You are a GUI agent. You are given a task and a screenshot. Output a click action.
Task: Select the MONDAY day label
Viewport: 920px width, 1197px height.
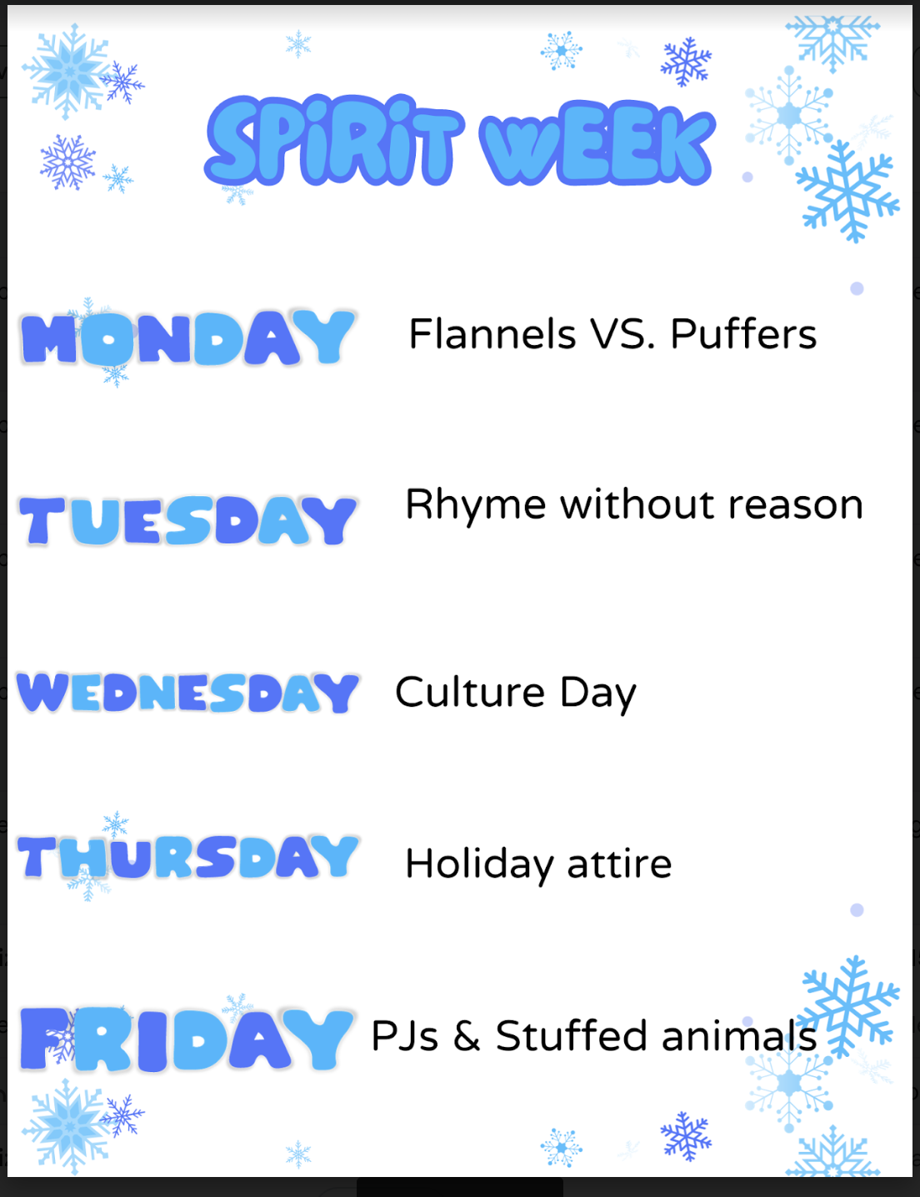click(187, 337)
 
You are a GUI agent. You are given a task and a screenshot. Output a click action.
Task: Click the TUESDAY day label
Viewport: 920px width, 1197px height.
click(187, 520)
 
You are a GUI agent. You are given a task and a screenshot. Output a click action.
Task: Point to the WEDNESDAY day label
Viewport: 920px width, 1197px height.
click(187, 693)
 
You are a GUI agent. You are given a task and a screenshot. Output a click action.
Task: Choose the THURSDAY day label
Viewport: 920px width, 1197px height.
click(187, 857)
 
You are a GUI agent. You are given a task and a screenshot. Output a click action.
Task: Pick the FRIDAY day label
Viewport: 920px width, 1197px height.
click(186, 1039)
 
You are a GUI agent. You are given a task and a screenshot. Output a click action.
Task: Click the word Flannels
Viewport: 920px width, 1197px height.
click(492, 333)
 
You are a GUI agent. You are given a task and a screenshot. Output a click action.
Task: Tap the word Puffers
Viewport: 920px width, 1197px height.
click(743, 333)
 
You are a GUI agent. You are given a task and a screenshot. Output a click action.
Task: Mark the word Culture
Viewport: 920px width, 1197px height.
click(470, 692)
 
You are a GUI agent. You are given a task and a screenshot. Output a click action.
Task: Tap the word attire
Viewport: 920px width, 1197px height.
click(619, 864)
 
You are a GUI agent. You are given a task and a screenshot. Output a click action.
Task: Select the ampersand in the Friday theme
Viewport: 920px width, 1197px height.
click(467, 1036)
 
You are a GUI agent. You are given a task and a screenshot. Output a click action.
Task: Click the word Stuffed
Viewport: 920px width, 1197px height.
click(571, 1035)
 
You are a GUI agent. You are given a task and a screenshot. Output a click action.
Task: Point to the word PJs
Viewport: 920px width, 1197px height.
click(405, 1036)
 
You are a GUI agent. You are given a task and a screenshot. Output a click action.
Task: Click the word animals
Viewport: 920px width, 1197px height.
click(739, 1036)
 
